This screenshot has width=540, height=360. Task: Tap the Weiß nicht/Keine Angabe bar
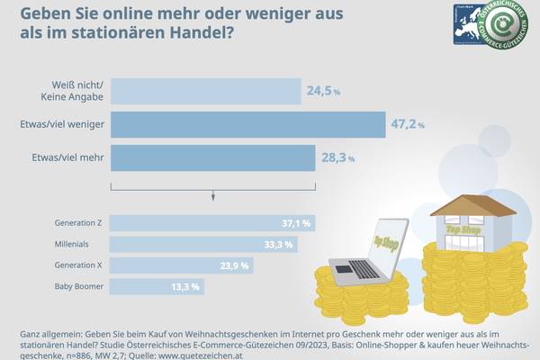coord(205,91)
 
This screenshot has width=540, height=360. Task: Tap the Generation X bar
coord(181,265)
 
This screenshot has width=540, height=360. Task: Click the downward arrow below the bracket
coord(212,195)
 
